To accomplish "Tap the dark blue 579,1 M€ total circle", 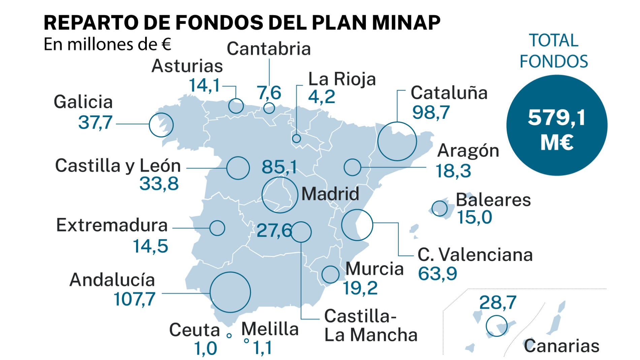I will (556, 125).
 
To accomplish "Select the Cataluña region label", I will (449, 93).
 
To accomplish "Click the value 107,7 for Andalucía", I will (134, 299).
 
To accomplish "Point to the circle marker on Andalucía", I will (230, 292).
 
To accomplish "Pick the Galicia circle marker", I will (161, 125).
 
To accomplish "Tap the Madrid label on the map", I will (330, 194).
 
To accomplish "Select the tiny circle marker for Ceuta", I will (229, 336).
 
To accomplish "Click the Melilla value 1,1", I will (262, 348).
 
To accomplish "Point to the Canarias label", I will (562, 346).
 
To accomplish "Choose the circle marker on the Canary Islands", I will (497, 326).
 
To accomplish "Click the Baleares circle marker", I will (440, 208).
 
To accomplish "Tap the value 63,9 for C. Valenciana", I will (437, 273).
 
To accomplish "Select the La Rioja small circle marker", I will (296, 138).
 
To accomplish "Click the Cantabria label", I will (268, 49).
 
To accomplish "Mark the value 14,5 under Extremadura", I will (150, 246).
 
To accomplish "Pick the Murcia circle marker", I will (330, 274).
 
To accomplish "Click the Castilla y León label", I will (118, 166).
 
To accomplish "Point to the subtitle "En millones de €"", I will (107, 44).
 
